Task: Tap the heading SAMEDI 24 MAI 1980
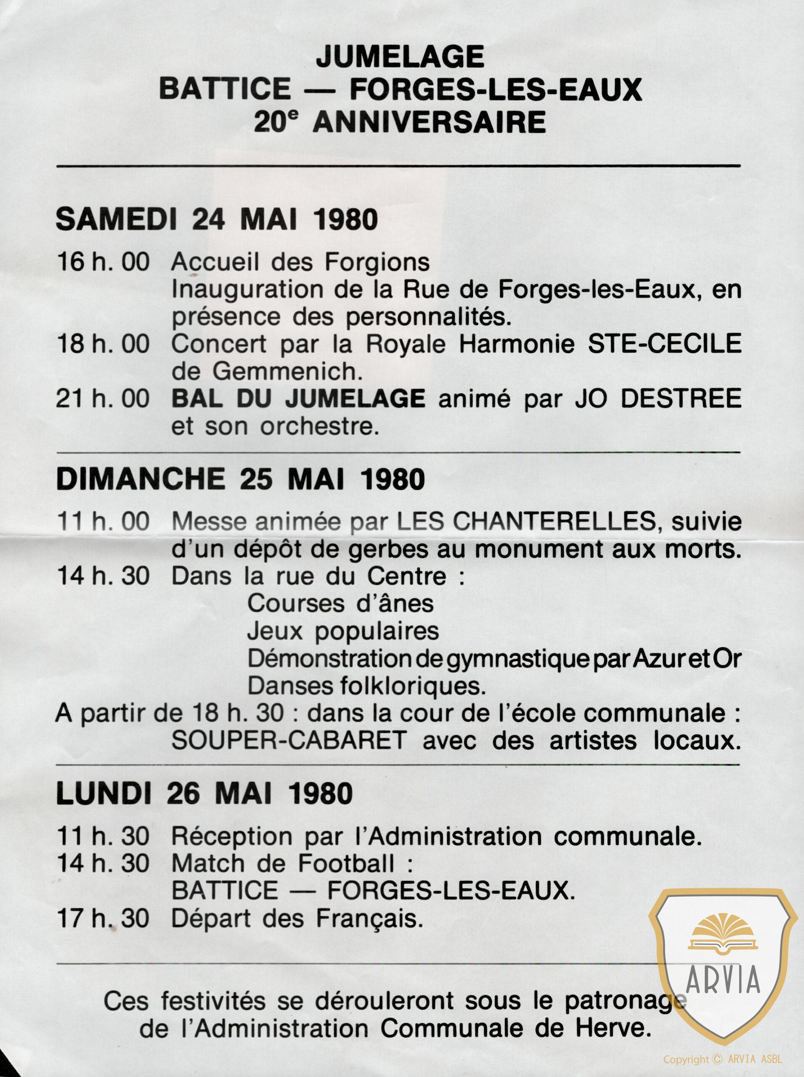pyautogui.click(x=217, y=220)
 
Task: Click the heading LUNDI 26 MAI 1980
pyautogui.click(x=204, y=794)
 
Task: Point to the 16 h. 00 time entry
pyautogui.click(x=103, y=262)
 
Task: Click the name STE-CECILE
pyautogui.click(x=664, y=344)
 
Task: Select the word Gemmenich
pyautogui.click(x=287, y=372)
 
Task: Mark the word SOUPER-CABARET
pyautogui.click(x=289, y=741)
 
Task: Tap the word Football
pyautogui.click(x=346, y=864)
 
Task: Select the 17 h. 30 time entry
pyautogui.click(x=103, y=919)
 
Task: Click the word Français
pyautogui.click(x=369, y=919)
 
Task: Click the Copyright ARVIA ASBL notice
pyautogui.click(x=723, y=1059)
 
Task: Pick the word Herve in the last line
pyautogui.click(x=613, y=1028)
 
